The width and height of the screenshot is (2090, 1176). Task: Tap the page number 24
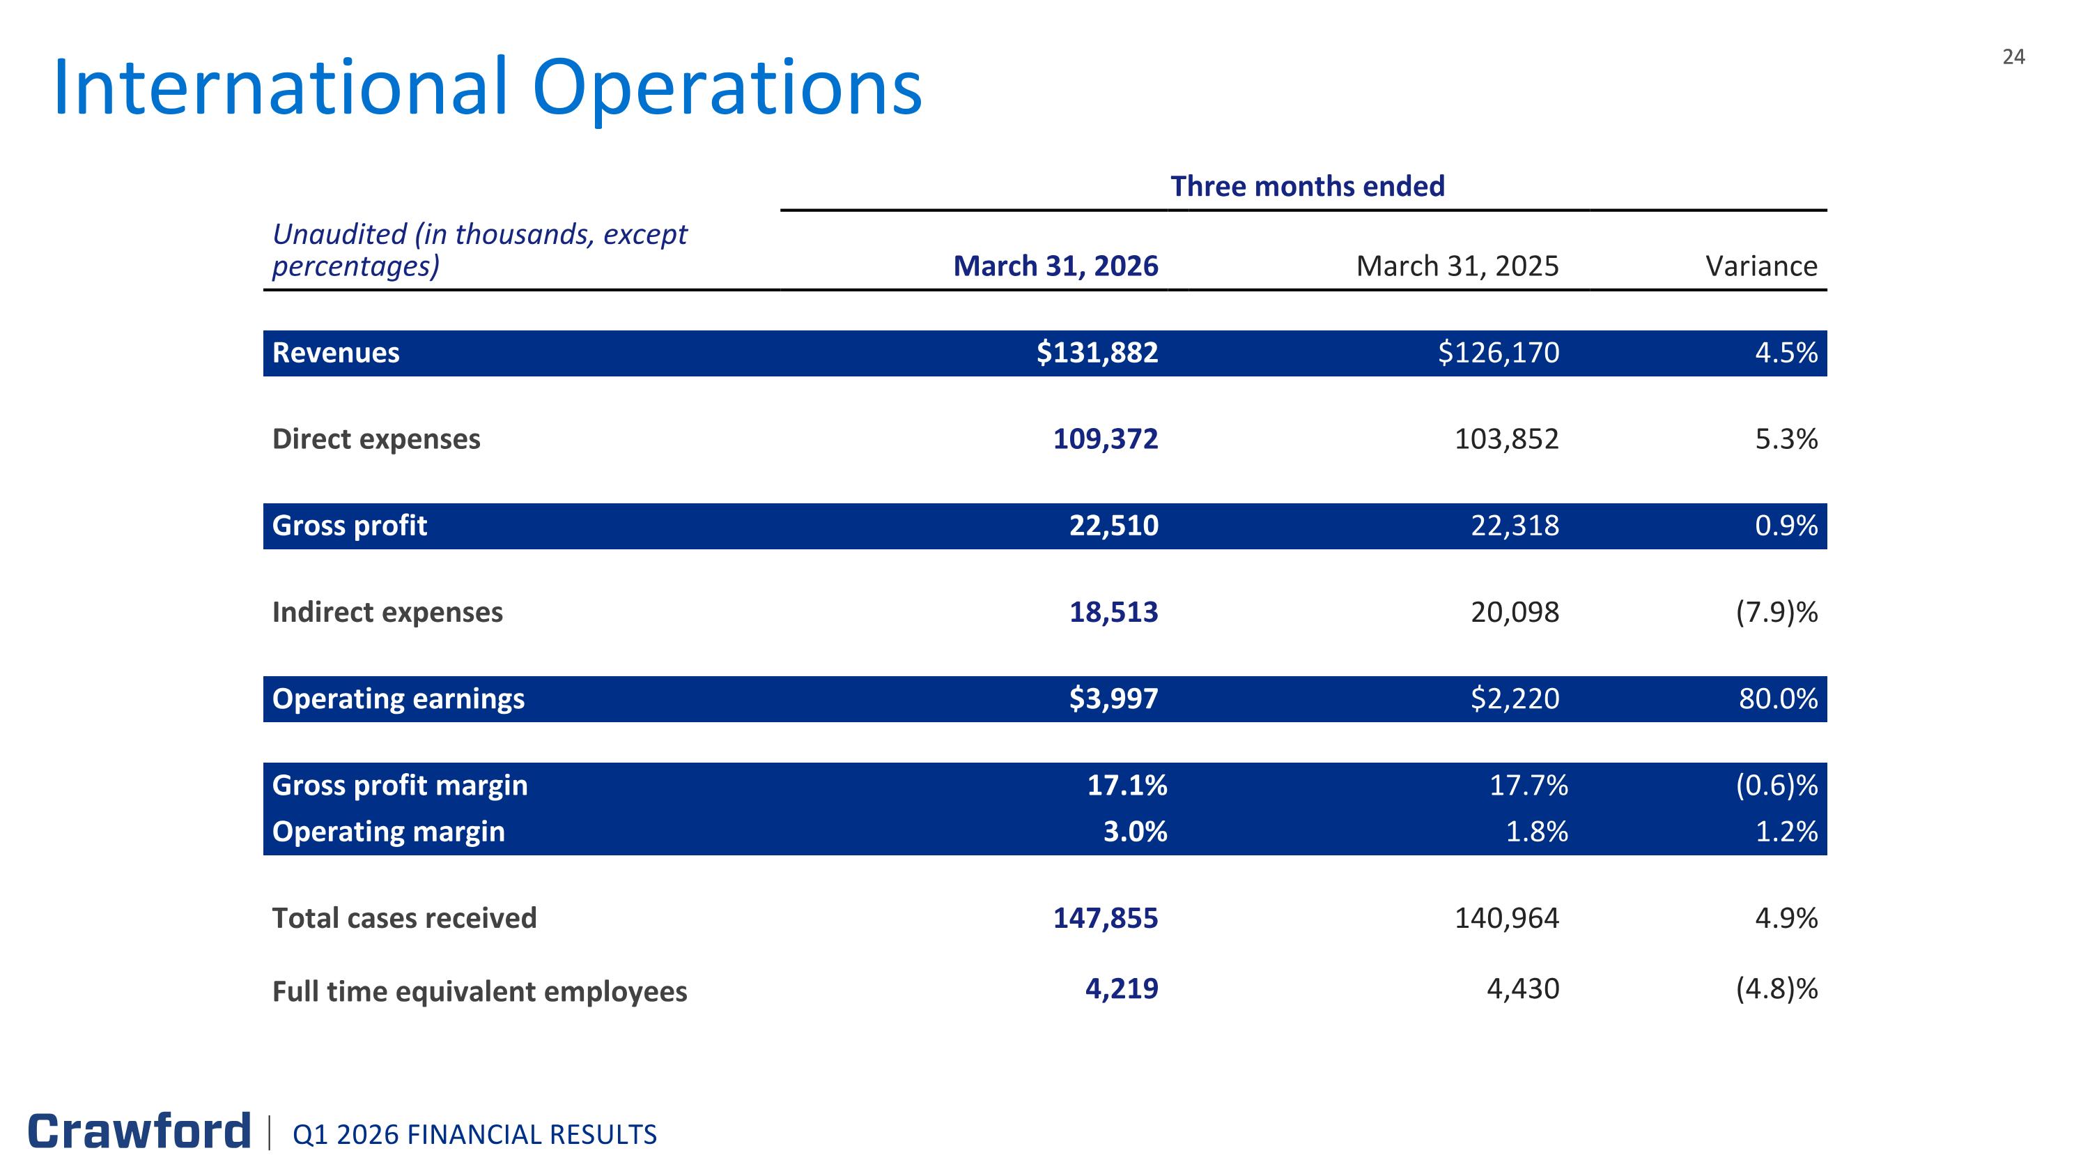(2014, 56)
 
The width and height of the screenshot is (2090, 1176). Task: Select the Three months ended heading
(1307, 187)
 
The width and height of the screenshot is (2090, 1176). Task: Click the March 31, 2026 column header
(1055, 266)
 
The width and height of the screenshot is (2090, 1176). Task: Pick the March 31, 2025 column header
(1457, 266)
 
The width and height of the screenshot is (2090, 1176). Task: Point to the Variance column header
(1761, 266)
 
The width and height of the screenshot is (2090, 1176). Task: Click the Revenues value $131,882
(1097, 353)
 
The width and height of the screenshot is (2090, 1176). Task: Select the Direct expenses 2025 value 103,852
(1507, 439)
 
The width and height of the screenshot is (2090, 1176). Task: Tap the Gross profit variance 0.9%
(1786, 526)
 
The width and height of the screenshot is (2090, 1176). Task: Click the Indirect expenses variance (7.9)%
(1776, 612)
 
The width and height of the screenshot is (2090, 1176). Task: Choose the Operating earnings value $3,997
(1113, 698)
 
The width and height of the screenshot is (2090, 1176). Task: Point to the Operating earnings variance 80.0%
(1778, 698)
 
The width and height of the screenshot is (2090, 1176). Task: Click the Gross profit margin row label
(400, 786)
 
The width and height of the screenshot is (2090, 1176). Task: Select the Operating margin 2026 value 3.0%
(1135, 832)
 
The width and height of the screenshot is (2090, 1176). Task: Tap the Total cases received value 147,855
(1105, 918)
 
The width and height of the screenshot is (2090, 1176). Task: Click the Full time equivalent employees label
(479, 992)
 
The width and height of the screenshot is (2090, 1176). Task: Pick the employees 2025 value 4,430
(1523, 989)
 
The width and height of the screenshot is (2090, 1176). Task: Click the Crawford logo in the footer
(139, 1131)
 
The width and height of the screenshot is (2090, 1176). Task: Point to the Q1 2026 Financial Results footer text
(474, 1135)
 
